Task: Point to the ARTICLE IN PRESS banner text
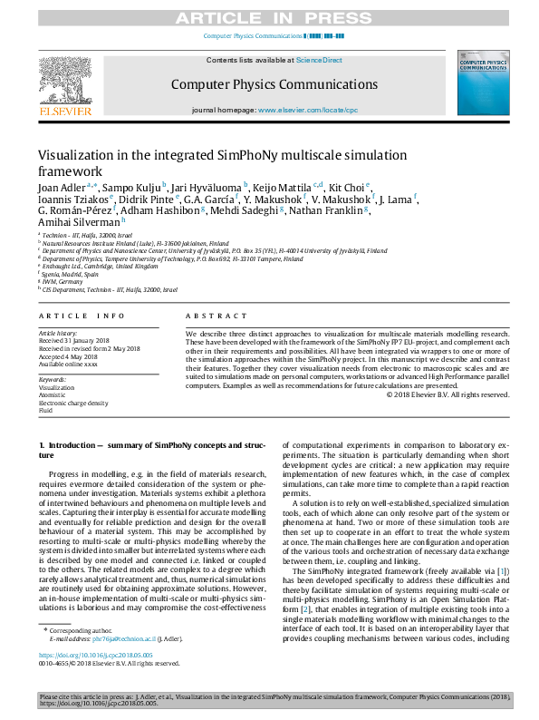click(x=268, y=17)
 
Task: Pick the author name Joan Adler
click(x=61, y=188)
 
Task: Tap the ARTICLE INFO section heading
click(x=82, y=316)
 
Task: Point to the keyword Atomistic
click(x=53, y=394)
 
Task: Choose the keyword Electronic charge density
click(x=73, y=403)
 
